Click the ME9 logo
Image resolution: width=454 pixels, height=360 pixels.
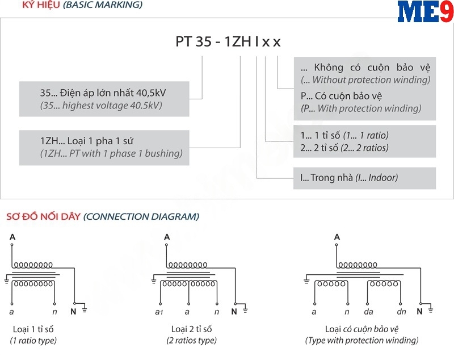click(425, 12)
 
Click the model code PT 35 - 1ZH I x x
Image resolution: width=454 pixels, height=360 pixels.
click(227, 42)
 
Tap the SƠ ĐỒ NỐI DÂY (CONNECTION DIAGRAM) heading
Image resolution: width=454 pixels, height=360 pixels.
click(102, 216)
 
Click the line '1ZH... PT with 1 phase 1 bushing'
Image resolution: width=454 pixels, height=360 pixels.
click(111, 153)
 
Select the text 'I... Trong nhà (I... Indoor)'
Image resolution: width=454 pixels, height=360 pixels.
click(349, 178)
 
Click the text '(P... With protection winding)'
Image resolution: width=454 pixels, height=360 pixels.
click(361, 108)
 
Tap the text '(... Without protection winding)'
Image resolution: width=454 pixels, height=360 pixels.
click(365, 79)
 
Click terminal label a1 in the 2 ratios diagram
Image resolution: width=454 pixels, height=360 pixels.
click(159, 312)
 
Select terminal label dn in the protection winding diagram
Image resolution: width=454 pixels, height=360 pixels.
click(401, 312)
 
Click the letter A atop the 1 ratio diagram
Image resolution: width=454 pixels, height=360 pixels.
click(12, 237)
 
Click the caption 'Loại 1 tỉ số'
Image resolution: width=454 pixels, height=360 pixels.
click(33, 329)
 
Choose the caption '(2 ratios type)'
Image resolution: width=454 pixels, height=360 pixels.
click(191, 341)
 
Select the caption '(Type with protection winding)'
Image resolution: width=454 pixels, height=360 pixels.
click(361, 341)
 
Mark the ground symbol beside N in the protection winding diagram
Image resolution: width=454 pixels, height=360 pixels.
click(431, 309)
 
